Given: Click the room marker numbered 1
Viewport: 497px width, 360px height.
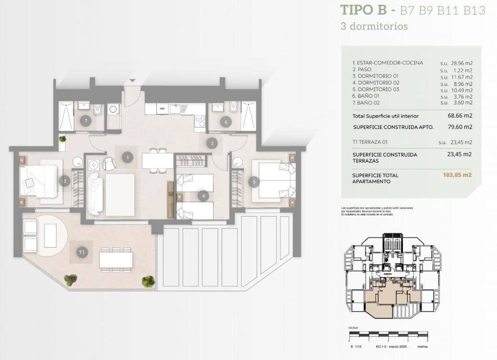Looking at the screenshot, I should click(x=127, y=157).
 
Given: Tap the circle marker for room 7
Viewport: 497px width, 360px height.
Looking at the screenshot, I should click(x=85, y=121).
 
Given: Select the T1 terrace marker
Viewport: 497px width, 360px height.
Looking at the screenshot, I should click(x=82, y=252).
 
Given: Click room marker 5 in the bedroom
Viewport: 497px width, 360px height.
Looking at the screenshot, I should click(x=253, y=181).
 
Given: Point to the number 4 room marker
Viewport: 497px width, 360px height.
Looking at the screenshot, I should click(x=203, y=195).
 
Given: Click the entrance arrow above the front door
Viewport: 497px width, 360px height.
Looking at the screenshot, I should click(x=132, y=81).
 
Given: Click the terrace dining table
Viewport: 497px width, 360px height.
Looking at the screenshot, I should click(x=116, y=259).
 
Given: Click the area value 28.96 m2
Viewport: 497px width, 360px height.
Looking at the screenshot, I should click(x=461, y=63).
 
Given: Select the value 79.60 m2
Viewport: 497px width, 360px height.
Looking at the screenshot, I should click(x=461, y=127).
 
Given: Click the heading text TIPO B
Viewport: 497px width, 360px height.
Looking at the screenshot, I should click(x=365, y=10).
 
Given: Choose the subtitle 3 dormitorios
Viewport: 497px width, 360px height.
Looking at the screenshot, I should click(x=374, y=27).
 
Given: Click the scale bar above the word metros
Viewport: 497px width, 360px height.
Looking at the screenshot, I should click(x=388, y=334).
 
